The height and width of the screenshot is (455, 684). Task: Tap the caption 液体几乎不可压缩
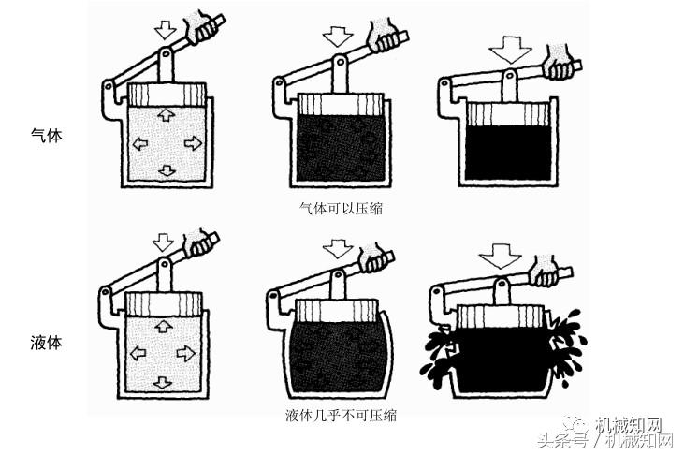pos(340,415)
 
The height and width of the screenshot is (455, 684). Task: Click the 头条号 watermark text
pos(570,440)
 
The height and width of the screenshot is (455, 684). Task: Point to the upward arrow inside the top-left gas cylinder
pos(165,115)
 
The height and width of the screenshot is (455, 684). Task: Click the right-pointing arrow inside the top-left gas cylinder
pos(193,142)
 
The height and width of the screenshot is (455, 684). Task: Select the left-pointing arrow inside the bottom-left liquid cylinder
pos(138,354)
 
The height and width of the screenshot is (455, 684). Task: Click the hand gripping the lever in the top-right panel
pos(560,65)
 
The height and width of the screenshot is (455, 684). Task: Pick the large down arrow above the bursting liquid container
pos(499,255)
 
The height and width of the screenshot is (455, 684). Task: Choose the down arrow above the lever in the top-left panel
pos(166,30)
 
